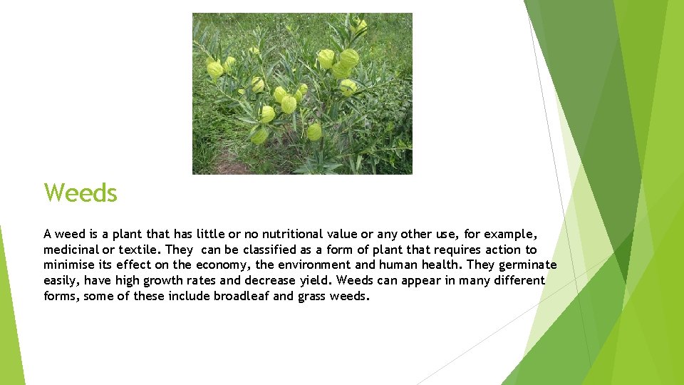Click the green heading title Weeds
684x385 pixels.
point(81,192)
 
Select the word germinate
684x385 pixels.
point(524,265)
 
